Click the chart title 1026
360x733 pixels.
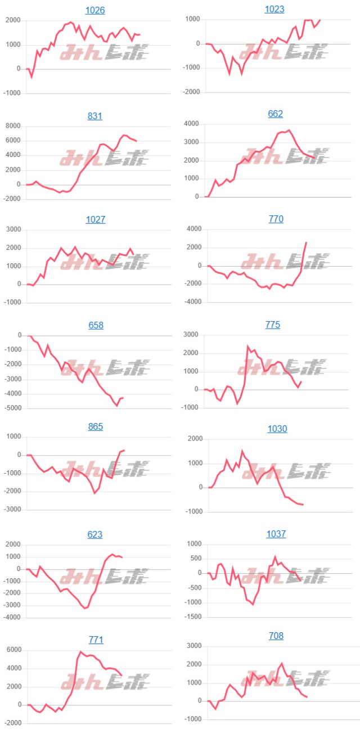click(95, 10)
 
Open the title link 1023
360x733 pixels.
click(274, 9)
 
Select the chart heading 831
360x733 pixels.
click(95, 116)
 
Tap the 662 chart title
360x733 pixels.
click(276, 114)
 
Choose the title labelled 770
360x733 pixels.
click(276, 219)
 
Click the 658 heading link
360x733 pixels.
click(95, 325)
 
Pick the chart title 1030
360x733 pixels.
click(277, 429)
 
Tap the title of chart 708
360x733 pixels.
click(276, 636)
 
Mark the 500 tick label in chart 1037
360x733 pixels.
click(195, 559)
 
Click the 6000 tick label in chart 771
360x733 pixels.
click(13, 650)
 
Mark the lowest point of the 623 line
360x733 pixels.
click(84, 608)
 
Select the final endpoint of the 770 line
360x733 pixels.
click(306, 242)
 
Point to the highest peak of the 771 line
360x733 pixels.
click(80, 651)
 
